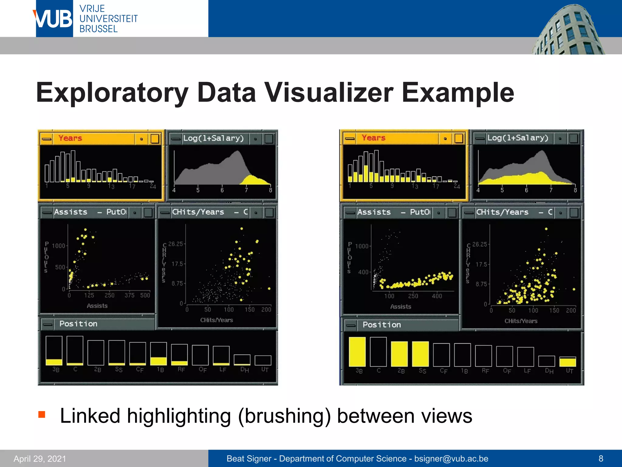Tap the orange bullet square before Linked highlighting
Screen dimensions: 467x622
click(x=42, y=414)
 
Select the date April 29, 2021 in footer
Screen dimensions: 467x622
click(x=40, y=458)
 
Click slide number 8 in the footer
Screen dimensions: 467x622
click(x=601, y=458)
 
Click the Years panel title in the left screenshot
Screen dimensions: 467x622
click(x=70, y=138)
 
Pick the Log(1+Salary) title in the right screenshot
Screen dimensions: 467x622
click(x=518, y=138)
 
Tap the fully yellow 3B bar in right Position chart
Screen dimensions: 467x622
click(x=357, y=351)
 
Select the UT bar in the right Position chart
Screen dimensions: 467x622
click(x=567, y=361)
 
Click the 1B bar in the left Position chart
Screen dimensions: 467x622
click(x=158, y=354)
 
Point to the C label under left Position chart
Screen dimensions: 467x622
click(x=75, y=369)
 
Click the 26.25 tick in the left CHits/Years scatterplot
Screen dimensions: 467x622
click(x=176, y=244)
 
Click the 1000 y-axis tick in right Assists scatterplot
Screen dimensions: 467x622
click(x=361, y=246)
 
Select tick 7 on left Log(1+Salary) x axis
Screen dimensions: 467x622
click(x=246, y=190)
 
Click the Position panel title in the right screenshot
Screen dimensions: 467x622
click(x=381, y=325)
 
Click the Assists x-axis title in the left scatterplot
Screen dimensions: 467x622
click(x=97, y=306)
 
